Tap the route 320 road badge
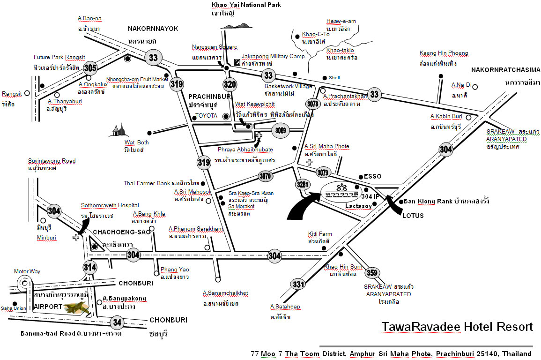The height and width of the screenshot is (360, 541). click(230, 84)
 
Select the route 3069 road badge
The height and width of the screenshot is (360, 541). click(281, 130)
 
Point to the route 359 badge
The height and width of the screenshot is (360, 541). click(371, 273)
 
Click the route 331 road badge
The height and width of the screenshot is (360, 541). click(298, 284)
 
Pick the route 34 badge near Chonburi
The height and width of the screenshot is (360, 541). click(117, 322)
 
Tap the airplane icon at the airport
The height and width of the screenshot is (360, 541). click(77, 308)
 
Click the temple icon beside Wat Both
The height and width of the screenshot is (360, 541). click(118, 130)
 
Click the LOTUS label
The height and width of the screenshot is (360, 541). click(413, 216)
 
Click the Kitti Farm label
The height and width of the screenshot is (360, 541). click(320, 234)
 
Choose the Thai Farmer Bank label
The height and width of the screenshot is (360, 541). click(147, 183)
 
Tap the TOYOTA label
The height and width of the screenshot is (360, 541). click(206, 116)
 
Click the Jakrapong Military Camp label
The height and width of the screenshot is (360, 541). click(273, 56)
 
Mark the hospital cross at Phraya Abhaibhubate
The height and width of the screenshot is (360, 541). click(258, 135)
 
